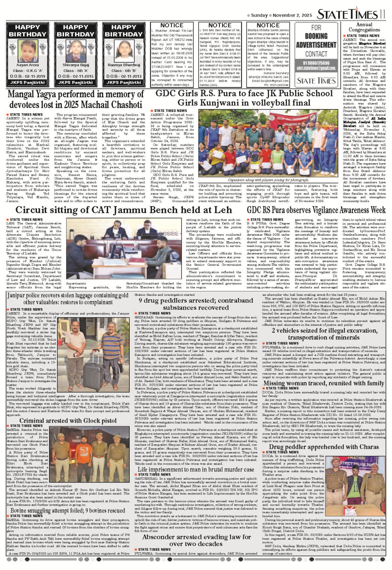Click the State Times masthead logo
click(x=351, y=14)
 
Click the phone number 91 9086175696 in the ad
click(x=316, y=63)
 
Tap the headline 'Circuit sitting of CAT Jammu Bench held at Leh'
click(x=123, y=210)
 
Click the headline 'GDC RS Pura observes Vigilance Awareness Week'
click(x=316, y=210)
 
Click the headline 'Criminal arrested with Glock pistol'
click(x=68, y=421)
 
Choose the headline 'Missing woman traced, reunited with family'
click(x=324, y=383)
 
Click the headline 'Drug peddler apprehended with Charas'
click(x=324, y=447)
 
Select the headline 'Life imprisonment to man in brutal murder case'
click(x=196, y=469)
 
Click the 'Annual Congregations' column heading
click(x=364, y=27)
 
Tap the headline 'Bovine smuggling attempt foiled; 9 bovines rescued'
click(x=68, y=511)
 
